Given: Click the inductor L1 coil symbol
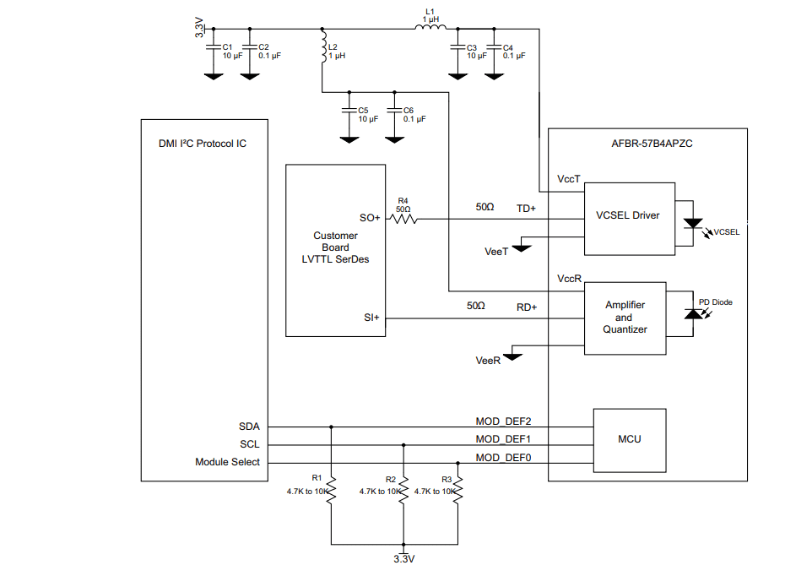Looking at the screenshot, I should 430,29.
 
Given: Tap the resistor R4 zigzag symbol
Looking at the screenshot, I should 403,218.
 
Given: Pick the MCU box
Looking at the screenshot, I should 629,439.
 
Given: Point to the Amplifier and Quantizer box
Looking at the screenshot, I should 625,317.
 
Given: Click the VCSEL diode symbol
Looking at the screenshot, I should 693,225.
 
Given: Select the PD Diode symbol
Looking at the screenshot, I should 693,314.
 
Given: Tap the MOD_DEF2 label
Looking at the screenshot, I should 503,421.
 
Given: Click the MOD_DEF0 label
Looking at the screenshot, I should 503,457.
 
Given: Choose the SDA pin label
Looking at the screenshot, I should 249,427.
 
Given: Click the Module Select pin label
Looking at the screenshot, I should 227,462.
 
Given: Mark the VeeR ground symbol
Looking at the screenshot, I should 512,355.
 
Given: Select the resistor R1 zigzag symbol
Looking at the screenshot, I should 331,488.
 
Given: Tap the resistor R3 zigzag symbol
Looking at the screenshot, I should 457,488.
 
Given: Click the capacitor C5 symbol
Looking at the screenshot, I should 347,111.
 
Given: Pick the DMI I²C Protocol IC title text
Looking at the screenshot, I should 203,144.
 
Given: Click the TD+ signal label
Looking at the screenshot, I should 526,208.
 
